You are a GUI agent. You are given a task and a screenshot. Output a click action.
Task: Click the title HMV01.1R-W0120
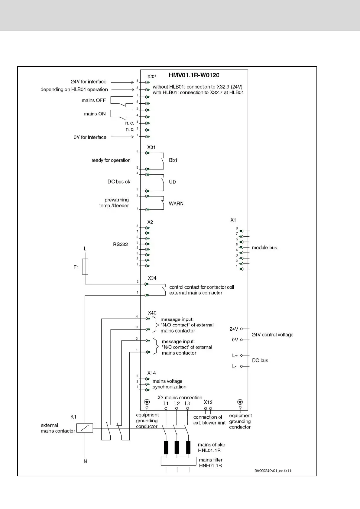194,75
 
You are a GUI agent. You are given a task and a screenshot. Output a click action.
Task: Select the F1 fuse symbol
85,267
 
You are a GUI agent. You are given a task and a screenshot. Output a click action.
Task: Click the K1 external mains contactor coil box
85,428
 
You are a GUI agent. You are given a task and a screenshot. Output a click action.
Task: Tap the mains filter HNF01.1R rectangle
178,461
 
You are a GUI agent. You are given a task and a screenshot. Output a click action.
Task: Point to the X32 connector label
151,77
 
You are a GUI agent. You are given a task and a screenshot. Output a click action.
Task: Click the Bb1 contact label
173,160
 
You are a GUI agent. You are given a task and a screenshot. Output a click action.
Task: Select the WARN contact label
176,203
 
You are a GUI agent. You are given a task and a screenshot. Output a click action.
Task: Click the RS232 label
120,244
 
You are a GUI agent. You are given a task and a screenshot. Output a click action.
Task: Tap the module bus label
264,248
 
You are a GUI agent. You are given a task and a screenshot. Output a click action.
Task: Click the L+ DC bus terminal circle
241,355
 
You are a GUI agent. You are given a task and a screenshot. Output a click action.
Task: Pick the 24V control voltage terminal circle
241,329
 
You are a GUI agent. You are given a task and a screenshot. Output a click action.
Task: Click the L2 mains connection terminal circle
177,408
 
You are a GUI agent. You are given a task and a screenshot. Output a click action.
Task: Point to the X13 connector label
208,402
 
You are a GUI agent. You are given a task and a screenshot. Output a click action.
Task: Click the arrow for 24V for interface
122,82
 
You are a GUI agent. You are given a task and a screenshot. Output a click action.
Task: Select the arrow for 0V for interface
122,137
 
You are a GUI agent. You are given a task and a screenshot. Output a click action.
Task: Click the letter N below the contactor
85,462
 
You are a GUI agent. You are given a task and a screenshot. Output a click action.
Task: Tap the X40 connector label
152,313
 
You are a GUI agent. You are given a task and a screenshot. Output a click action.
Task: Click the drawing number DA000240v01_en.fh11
273,471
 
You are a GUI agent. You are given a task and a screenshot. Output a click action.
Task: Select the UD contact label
172,182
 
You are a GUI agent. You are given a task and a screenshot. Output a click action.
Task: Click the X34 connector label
152,278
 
